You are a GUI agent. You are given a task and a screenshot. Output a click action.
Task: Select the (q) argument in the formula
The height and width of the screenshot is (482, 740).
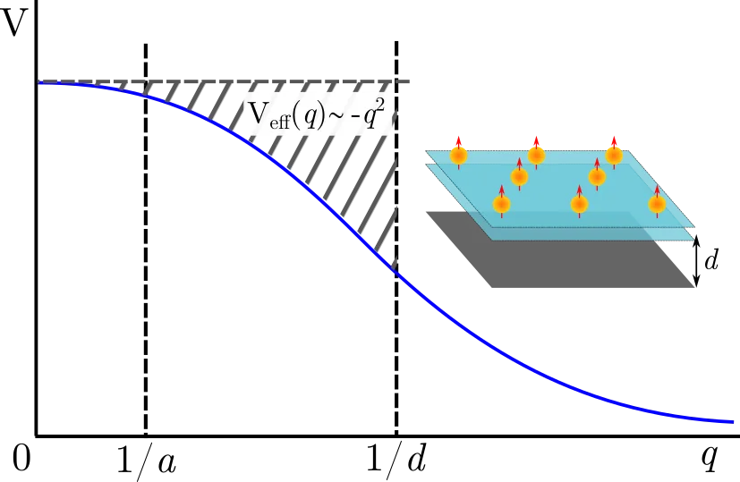coord(314,116)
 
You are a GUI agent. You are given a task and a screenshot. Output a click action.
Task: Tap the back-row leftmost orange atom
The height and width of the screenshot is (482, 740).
coord(459,156)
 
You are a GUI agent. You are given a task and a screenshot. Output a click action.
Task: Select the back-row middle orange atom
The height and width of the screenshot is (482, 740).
coord(536,155)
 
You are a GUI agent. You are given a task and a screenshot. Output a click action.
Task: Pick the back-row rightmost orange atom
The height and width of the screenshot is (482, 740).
coord(613,155)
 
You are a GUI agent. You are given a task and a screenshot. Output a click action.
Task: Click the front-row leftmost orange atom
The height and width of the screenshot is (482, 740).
coord(502,205)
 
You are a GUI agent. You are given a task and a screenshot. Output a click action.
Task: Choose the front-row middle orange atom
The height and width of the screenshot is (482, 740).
coord(580,205)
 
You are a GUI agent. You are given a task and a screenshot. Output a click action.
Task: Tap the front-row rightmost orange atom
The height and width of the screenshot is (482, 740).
coord(657,205)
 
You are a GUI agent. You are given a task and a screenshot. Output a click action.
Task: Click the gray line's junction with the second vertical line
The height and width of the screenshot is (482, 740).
coord(396,82)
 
